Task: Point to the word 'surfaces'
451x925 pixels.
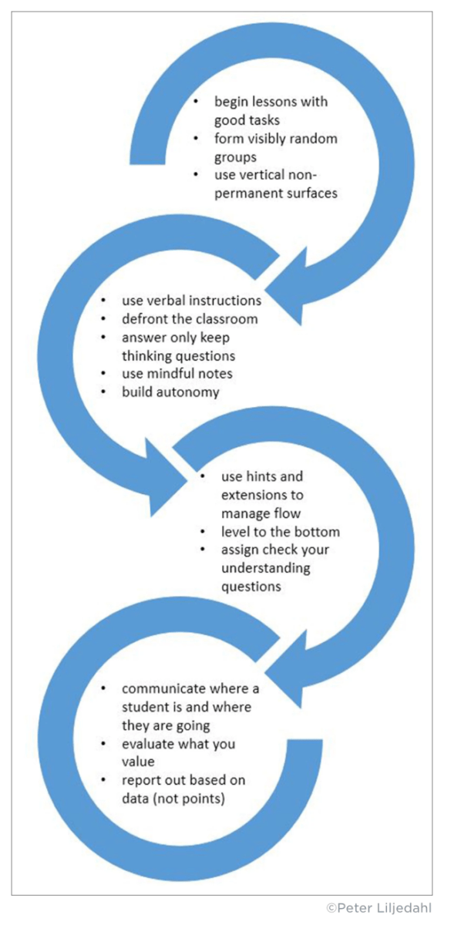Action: (306, 193)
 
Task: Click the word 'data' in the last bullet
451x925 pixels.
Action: (136, 799)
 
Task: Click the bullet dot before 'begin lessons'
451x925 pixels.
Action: (199, 102)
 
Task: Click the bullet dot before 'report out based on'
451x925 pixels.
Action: (106, 780)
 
